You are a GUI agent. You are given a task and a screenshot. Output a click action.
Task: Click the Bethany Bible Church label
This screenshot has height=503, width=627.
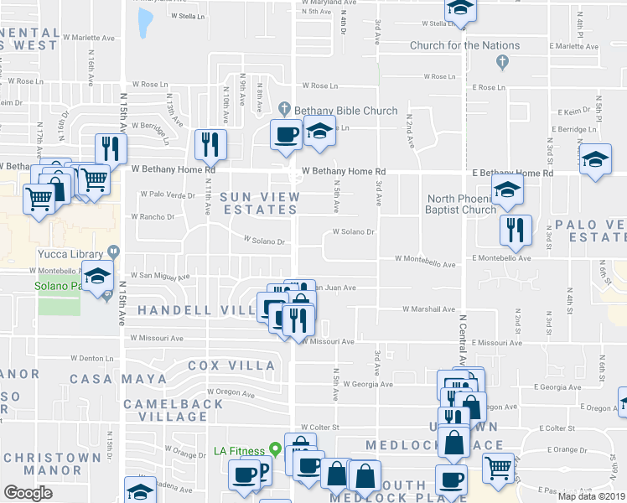(344, 111)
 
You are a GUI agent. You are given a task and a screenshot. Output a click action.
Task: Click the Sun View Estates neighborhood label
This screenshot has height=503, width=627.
(259, 203)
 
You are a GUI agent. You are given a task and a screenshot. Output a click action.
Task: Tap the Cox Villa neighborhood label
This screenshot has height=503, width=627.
(231, 366)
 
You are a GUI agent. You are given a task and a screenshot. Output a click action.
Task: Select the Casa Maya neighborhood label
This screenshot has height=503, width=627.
(118, 379)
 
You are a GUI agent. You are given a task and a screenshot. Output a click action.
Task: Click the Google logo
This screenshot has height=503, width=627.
(28, 493)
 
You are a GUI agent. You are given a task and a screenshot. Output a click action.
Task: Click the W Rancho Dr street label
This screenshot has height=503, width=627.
(152, 216)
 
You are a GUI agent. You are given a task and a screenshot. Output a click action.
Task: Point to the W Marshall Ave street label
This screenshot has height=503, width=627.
(428, 309)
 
